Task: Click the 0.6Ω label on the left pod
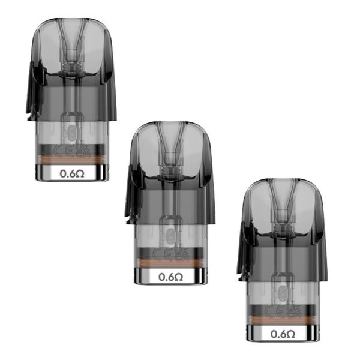point(71,173)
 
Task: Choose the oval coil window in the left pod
point(72,133)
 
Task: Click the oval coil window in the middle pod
point(171,236)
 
